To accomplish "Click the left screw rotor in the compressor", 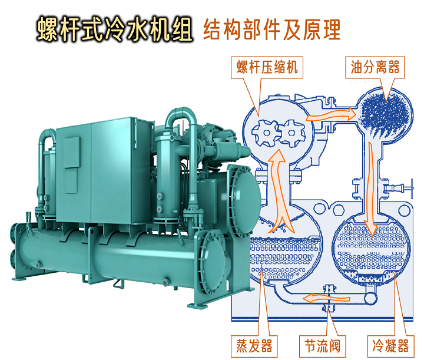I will pyautogui.click(x=261, y=132).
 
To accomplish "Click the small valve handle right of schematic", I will pyautogui.click(x=406, y=189).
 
